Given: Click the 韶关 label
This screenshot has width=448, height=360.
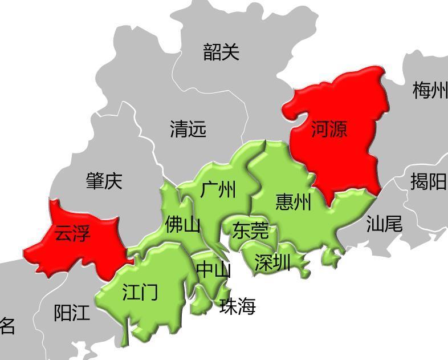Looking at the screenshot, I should pyautogui.click(x=221, y=52).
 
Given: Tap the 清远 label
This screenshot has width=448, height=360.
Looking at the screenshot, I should pyautogui.click(x=188, y=130).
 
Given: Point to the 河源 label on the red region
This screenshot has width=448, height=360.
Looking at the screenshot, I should pyautogui.click(x=329, y=130).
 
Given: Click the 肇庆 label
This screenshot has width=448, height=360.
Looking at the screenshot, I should pyautogui.click(x=104, y=181).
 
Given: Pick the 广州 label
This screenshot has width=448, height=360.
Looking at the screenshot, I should pyautogui.click(x=218, y=189).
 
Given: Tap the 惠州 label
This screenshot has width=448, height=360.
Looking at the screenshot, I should pyautogui.click(x=294, y=201).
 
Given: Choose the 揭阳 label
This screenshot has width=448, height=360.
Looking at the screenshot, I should pyautogui.click(x=428, y=182).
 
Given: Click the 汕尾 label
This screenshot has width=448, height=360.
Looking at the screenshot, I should pyautogui.click(x=384, y=224).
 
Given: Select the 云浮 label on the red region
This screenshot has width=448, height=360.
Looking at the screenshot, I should pyautogui.click(x=72, y=233).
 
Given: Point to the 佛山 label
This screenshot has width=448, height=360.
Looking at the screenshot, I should pyautogui.click(x=182, y=225).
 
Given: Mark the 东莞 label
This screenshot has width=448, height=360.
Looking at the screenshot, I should pyautogui.click(x=250, y=230).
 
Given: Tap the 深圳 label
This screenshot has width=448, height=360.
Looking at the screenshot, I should pyautogui.click(x=272, y=263).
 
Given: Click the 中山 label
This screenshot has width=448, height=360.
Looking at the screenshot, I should pyautogui.click(x=213, y=270).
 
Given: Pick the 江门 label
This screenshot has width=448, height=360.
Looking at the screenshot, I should pyautogui.click(x=140, y=293).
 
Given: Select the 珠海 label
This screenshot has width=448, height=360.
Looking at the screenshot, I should pyautogui.click(x=238, y=307).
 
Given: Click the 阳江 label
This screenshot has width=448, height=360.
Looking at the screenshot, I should pyautogui.click(x=72, y=313).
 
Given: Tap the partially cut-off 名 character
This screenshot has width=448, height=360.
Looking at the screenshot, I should pyautogui.click(x=7, y=325).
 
